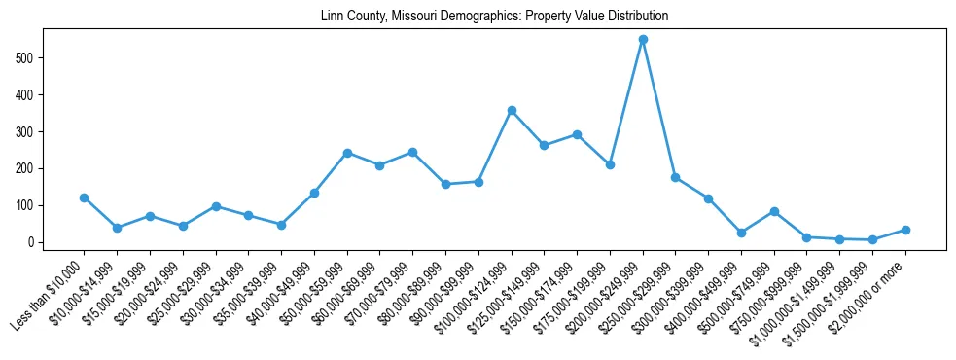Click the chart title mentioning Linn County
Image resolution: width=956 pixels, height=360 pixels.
point(494,17)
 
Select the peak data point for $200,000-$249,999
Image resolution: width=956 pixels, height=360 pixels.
point(643,40)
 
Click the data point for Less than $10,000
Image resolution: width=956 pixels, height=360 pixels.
point(85,198)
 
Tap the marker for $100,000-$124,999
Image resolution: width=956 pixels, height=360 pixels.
point(512,111)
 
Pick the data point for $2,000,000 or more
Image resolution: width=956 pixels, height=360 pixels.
point(905,230)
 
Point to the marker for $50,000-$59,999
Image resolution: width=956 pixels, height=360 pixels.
point(347,153)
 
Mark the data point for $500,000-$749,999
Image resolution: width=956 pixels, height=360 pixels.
point(774,211)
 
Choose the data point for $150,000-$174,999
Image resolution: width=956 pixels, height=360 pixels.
point(577,134)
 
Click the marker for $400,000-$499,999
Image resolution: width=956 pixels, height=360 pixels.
point(741,233)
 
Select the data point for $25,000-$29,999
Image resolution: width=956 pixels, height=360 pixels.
point(216,206)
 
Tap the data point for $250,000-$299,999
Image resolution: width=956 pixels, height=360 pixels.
point(676,178)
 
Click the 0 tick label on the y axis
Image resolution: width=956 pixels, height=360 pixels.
point(32,242)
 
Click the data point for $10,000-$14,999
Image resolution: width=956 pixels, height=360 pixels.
point(117,228)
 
